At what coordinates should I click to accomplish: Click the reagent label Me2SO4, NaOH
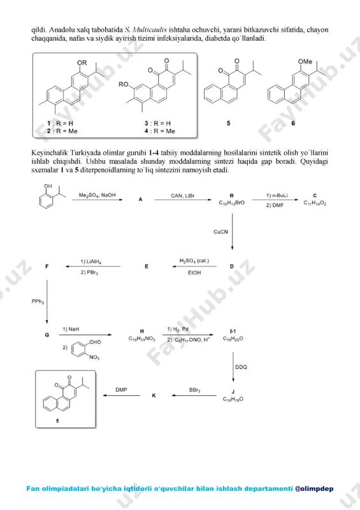pos(97,195)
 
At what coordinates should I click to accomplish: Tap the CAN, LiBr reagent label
pos(183,196)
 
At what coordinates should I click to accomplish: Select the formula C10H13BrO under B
pos(231,203)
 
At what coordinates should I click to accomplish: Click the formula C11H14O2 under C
pos(315,203)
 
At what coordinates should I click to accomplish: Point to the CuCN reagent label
pos(221,232)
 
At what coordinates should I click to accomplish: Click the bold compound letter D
pos(232,266)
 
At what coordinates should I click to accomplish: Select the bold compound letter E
pos(147,266)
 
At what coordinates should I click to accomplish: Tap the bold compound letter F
pos(47,266)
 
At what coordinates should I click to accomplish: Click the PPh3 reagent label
pos(38,302)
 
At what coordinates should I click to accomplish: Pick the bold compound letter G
pos(47,335)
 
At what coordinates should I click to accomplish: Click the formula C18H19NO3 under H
pos(142,339)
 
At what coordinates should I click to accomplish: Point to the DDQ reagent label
pos(241,367)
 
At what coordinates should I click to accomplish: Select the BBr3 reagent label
pos(195,390)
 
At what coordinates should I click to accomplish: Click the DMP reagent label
pos(121,390)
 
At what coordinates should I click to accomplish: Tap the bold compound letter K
pos(154,395)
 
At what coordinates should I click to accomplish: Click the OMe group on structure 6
pos(305,61)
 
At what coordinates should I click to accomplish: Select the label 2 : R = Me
pos(62,131)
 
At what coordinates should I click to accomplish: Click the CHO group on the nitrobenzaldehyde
pos(95,342)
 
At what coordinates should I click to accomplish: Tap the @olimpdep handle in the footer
pos(314,488)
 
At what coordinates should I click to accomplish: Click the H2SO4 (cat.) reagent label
pos(194,261)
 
